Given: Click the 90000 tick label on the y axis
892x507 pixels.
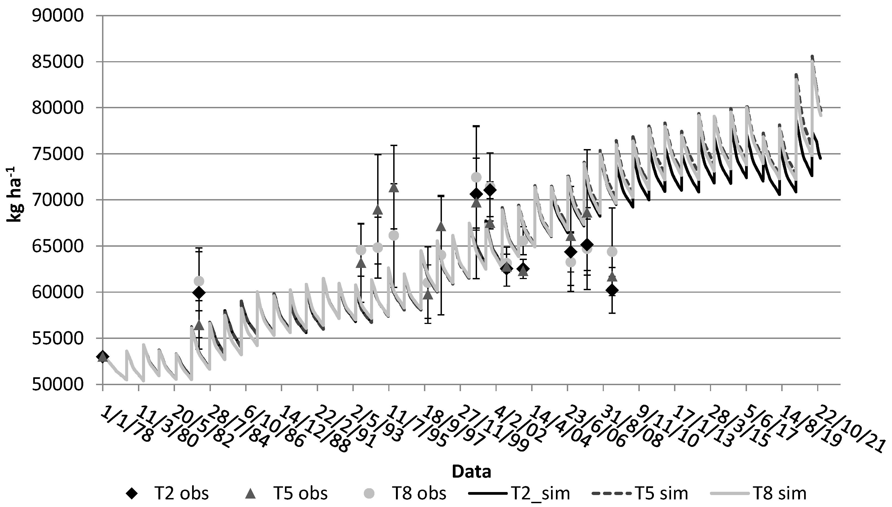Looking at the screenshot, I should click(58, 16).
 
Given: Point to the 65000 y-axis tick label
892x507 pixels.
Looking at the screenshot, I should click(58, 246).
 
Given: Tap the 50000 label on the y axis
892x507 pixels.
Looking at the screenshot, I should click(58, 384).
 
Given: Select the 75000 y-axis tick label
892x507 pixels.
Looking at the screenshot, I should click(58, 154).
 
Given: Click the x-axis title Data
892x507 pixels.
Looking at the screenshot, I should click(471, 471).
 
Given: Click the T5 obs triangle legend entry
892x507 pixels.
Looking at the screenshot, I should click(286, 493).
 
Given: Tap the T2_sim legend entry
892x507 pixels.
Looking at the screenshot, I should click(519, 493).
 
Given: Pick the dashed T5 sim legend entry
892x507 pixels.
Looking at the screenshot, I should click(639, 493).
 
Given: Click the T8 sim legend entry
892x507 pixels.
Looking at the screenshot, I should click(758, 493).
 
